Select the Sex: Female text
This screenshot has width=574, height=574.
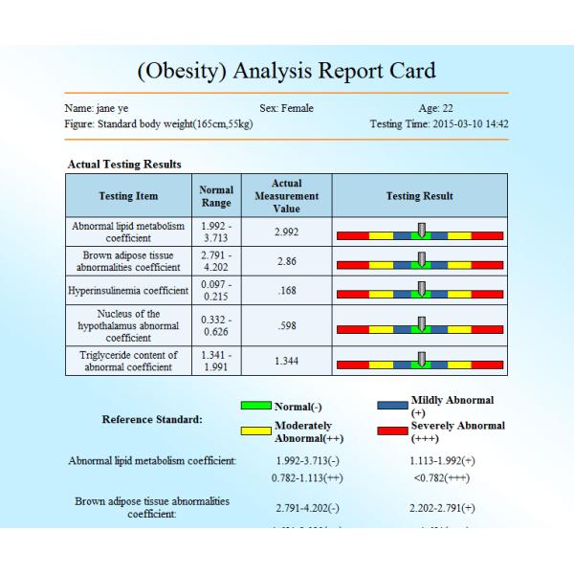point(286,109)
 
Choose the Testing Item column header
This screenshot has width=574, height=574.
point(128,196)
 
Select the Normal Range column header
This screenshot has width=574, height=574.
point(216,196)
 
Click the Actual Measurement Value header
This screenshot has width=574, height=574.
point(287,196)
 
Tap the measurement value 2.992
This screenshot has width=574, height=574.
point(287,232)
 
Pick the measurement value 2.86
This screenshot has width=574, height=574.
point(287,260)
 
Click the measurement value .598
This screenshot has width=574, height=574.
point(287,324)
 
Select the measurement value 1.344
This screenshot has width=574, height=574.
point(287,360)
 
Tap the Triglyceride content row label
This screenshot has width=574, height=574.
point(128,360)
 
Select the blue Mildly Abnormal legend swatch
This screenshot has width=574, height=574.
point(393,406)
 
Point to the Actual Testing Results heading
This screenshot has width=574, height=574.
point(124,165)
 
